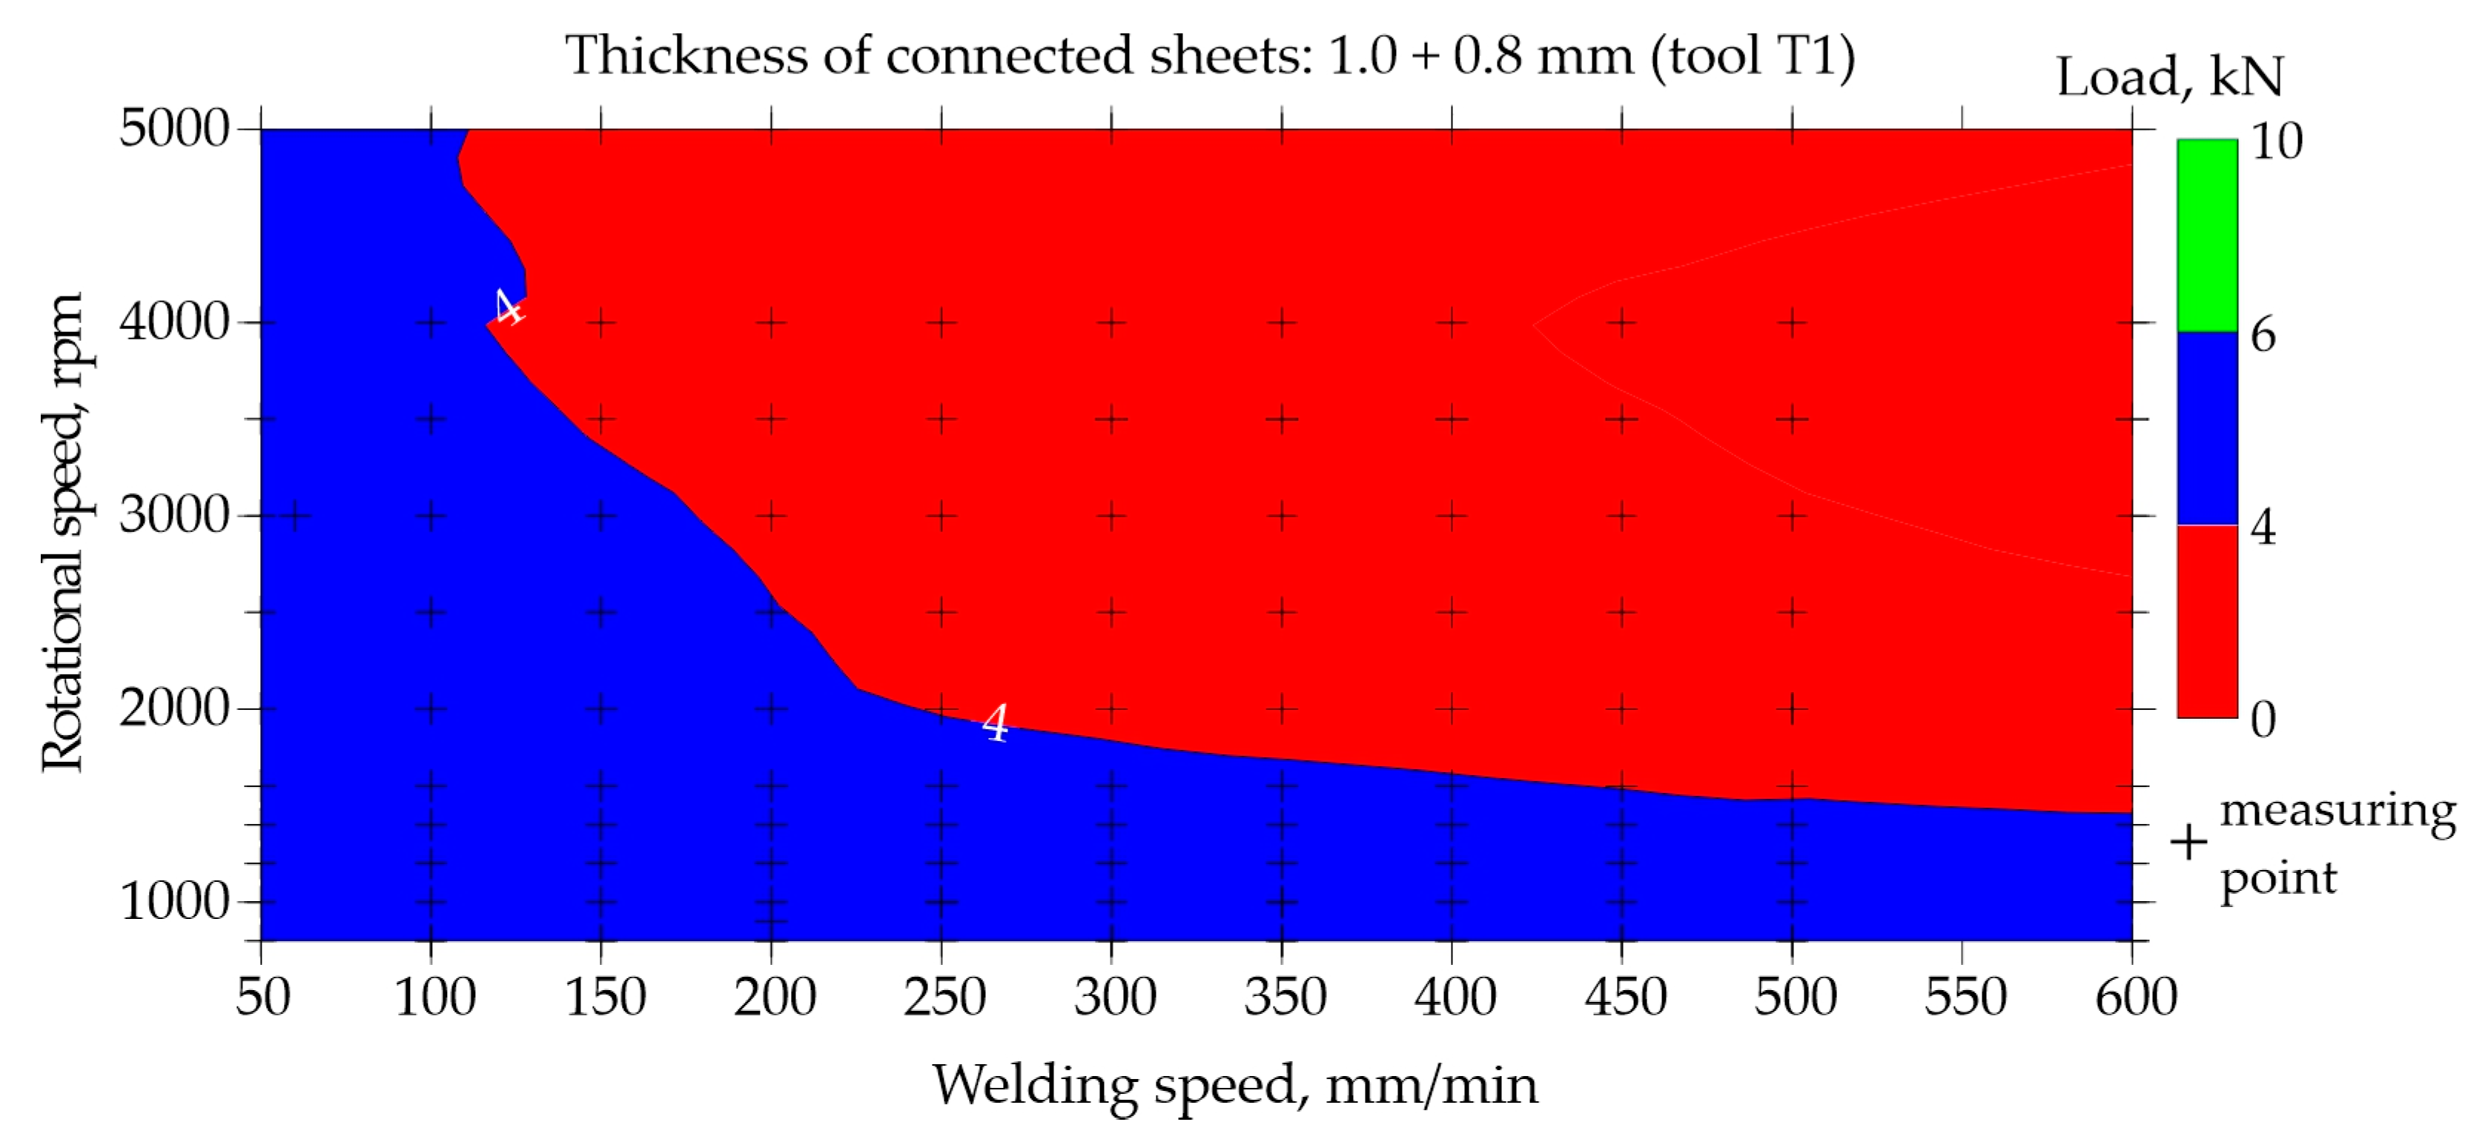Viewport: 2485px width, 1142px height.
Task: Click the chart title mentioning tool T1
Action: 1210,56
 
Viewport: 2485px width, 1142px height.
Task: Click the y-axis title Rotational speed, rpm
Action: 64,532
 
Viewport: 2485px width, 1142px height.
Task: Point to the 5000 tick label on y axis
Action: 173,128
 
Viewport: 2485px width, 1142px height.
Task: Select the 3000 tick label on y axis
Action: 173,515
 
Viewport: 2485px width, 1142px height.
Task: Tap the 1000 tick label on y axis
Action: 173,902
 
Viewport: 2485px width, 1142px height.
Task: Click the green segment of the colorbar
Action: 2206,236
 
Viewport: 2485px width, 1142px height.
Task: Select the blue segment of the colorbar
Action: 2206,428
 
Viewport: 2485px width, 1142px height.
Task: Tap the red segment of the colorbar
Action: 2206,621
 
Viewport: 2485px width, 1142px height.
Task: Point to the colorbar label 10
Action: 2276,142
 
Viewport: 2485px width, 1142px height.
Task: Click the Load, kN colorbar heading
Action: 2169,77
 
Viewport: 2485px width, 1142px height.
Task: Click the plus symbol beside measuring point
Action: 2188,842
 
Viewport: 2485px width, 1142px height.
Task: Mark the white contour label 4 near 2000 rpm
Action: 996,723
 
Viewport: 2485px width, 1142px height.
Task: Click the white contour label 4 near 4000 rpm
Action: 507,308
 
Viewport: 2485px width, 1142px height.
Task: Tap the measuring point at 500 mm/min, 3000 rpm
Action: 1791,516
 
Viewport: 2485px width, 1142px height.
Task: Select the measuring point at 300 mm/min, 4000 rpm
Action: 1111,322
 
